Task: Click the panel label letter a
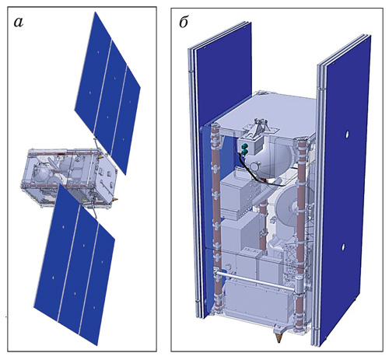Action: pos(19,22)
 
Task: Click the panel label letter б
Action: pos(184,23)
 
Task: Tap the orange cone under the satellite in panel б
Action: pos(279,337)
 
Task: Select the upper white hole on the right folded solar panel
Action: pos(347,135)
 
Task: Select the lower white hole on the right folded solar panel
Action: pos(343,246)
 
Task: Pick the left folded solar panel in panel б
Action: pos(220,166)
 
